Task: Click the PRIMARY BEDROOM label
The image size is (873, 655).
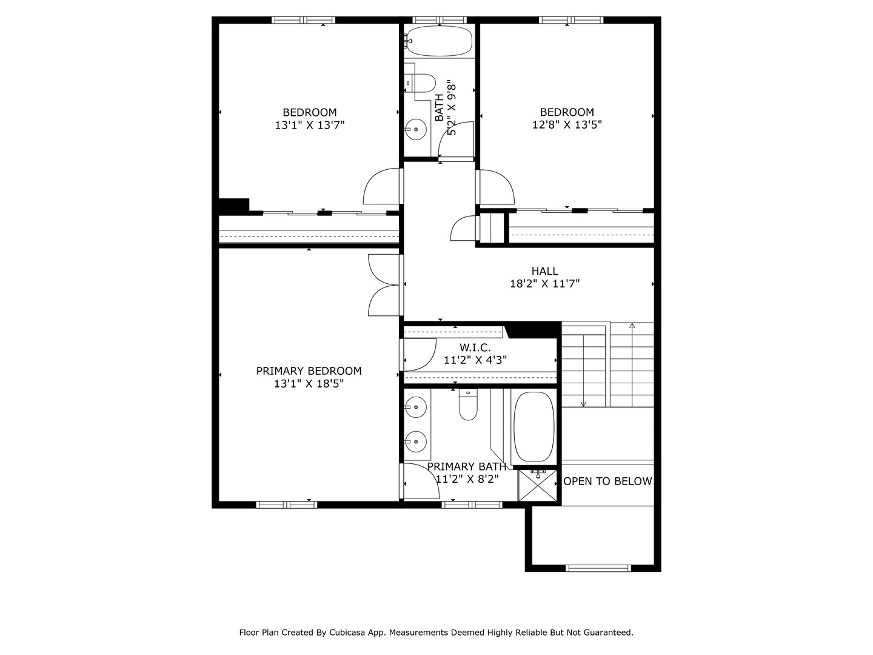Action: tap(309, 371)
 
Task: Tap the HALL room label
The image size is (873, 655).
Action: tap(544, 271)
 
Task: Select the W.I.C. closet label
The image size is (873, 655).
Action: tap(475, 348)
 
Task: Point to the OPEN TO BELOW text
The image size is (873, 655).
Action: tap(607, 481)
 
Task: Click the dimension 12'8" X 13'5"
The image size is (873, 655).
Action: tap(567, 125)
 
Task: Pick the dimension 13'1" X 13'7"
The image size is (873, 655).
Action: tap(310, 126)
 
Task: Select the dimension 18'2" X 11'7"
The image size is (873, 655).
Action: tap(544, 283)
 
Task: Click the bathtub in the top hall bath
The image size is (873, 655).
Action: tap(440, 41)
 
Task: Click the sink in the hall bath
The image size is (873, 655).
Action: tap(415, 129)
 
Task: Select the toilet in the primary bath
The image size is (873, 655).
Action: tap(468, 406)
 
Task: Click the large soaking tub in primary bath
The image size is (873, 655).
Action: tap(533, 427)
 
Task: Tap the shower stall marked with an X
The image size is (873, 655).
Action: tap(538, 485)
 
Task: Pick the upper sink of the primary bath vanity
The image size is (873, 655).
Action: tap(415, 407)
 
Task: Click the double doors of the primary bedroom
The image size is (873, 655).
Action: tap(384, 285)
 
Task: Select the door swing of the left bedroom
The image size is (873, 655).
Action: tap(382, 187)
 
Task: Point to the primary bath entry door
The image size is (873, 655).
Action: tap(420, 482)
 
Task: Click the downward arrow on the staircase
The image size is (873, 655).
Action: tap(583, 403)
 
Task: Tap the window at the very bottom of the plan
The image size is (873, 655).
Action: tap(598, 568)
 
